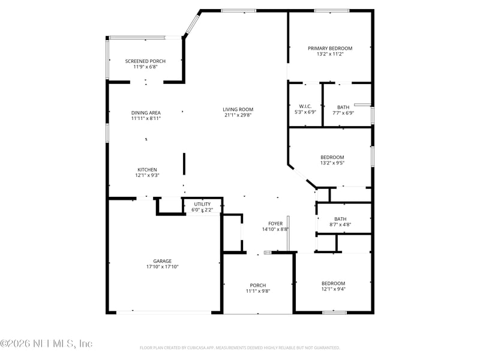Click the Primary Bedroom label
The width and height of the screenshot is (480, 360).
330,48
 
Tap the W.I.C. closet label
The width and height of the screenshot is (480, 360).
305,107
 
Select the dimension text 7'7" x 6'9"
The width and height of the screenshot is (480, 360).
343,113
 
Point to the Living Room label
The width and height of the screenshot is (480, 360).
238,109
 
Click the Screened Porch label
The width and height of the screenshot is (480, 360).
145,61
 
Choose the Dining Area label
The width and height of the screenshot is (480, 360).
146,112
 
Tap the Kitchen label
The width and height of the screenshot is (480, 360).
147,169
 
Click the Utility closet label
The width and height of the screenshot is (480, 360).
202,204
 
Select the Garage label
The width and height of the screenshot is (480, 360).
162,261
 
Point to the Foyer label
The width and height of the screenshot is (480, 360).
275,223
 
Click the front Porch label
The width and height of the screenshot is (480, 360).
258,285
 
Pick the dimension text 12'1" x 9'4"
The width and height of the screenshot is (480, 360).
333,289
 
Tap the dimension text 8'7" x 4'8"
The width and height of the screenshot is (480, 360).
340,225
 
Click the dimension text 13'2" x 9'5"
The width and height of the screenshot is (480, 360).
332,163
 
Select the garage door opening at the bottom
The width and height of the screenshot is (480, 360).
163,312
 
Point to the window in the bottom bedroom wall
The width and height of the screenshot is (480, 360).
334,312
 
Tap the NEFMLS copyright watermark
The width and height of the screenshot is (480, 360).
46,344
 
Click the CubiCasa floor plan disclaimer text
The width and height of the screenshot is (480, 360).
240,348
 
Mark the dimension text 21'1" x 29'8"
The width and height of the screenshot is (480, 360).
238,115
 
